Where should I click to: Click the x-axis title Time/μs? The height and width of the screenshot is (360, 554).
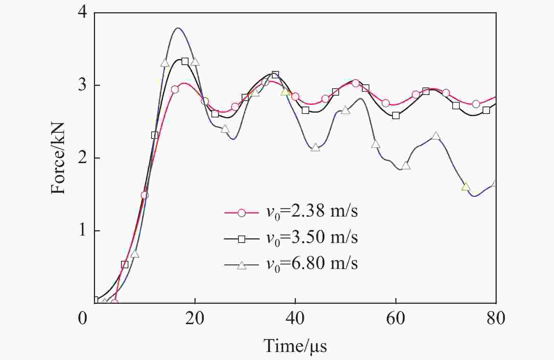coord(295,346)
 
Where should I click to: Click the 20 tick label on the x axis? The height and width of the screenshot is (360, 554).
coord(195,319)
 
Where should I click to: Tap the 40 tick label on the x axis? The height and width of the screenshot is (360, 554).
coord(295,319)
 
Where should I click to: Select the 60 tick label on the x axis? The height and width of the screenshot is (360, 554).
coord(396,319)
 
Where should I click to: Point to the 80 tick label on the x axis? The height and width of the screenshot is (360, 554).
coord(496,319)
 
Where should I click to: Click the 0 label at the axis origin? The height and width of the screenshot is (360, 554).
coord(82,319)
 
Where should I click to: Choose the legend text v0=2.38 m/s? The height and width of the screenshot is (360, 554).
coord(312,212)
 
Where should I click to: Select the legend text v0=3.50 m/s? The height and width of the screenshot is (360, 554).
coord(312,238)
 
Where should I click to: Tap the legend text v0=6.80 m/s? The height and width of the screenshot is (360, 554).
coord(312,264)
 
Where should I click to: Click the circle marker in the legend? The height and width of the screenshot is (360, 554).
coord(242,213)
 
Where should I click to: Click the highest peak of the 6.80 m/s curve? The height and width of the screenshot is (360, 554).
coord(178,28)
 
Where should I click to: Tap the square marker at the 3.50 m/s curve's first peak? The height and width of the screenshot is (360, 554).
coord(185,62)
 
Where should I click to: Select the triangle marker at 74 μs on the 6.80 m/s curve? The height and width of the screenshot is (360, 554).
coord(466,187)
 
